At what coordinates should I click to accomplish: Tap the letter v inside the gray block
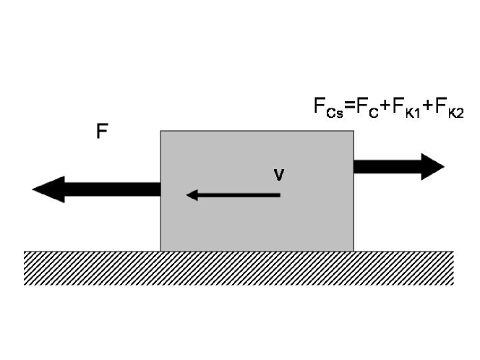278,175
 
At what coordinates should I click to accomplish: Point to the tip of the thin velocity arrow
187,194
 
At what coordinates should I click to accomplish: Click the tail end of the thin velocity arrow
280,194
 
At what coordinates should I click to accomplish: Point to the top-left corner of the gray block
160,131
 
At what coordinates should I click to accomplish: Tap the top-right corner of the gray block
353,131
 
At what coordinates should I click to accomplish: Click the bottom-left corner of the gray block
160,251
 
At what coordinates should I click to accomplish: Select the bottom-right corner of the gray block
353,251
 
